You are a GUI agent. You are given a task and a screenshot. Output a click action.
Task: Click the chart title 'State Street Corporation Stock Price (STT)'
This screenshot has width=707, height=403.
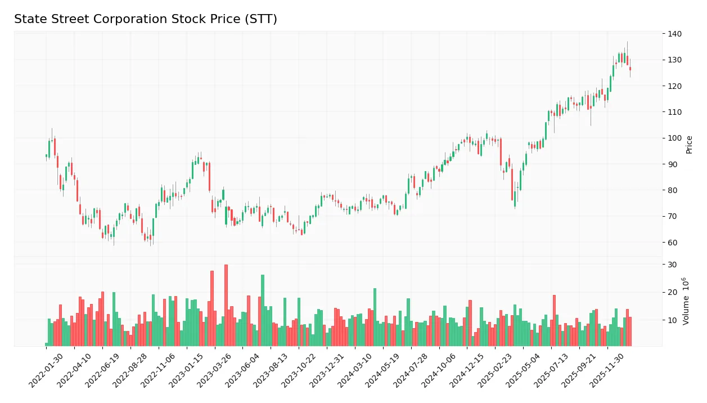145,20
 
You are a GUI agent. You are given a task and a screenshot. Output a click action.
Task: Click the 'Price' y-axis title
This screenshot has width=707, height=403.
689,145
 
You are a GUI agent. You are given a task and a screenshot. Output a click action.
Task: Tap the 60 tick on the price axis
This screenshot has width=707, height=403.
673,243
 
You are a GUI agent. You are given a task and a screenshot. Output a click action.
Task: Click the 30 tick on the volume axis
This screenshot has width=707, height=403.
673,265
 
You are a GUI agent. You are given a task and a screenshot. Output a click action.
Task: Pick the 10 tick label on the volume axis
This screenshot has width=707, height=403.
673,320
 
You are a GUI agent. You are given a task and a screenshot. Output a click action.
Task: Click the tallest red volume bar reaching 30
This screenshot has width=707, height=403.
226,305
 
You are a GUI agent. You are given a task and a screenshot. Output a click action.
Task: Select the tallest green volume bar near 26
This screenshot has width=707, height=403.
263,310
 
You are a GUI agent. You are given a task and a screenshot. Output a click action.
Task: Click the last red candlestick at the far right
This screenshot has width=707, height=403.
630,69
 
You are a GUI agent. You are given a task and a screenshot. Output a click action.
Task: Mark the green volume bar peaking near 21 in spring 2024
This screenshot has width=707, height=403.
375,317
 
